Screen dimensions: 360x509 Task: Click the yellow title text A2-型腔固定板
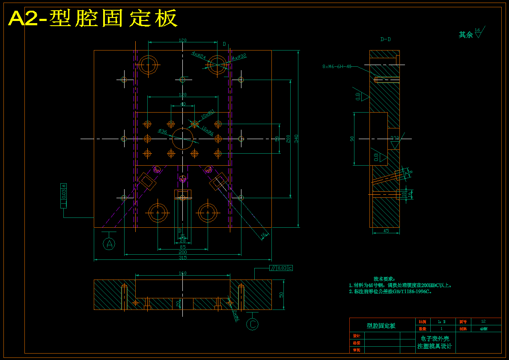pyautogui.click(x=92, y=18)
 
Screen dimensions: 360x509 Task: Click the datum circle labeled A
pyautogui.click(x=110, y=244)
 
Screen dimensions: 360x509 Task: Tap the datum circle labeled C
pyautogui.click(x=253, y=324)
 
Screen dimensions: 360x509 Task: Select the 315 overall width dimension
pyautogui.click(x=182, y=258)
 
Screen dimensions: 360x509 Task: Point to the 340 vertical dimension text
pyautogui.click(x=296, y=138)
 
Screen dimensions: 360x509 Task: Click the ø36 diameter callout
pyautogui.click(x=163, y=131)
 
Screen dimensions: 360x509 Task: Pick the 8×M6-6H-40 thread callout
pyautogui.click(x=337, y=66)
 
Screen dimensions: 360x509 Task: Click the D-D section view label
pyautogui.click(x=385, y=39)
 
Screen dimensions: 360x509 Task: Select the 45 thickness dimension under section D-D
pyautogui.click(x=386, y=231)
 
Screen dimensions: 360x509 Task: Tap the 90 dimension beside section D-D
pyautogui.click(x=352, y=139)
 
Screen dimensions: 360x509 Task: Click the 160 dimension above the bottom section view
pyautogui.click(x=182, y=273)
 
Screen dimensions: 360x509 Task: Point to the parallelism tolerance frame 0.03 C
pyautogui.click(x=281, y=268)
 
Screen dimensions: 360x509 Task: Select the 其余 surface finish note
pyautogui.click(x=466, y=35)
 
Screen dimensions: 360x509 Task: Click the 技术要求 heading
pyautogui.click(x=384, y=279)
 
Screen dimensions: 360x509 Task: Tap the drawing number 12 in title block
pyautogui.click(x=483, y=321)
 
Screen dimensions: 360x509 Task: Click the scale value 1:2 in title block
pyautogui.click(x=442, y=321)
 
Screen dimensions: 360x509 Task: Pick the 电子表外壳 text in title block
pyautogui.click(x=435, y=339)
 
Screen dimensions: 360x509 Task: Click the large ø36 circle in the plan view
pyautogui.click(x=183, y=139)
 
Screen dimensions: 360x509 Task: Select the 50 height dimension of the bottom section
pyautogui.click(x=281, y=295)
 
